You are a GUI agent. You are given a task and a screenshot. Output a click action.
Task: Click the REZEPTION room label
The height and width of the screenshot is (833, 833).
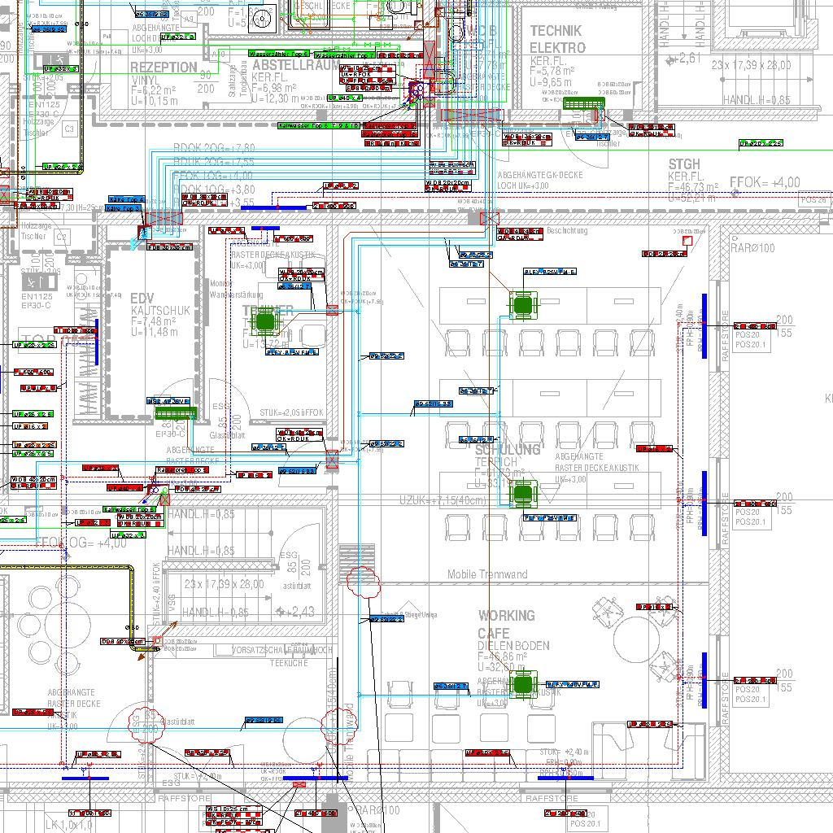[x=164, y=68]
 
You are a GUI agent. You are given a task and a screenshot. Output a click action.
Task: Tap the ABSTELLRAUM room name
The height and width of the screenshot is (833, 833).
[x=295, y=64]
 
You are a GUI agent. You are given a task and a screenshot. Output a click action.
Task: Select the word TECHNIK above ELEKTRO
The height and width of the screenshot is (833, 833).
[x=557, y=31]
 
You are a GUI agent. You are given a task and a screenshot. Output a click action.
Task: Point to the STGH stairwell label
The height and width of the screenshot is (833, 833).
[x=684, y=164]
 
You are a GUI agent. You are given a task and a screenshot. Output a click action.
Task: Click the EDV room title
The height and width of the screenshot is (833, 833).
[x=141, y=299]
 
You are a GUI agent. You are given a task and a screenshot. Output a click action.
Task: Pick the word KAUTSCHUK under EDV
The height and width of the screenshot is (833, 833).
[x=160, y=311]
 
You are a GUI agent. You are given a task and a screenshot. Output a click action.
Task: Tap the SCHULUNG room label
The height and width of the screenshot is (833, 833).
[x=508, y=450]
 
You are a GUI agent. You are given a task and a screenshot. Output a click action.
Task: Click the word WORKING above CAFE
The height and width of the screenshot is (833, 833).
[x=506, y=616]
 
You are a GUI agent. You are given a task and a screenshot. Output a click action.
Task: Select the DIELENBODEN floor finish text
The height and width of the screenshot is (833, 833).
[x=513, y=646]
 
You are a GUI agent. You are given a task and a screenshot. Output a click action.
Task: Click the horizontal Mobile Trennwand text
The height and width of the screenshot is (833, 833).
[x=487, y=574]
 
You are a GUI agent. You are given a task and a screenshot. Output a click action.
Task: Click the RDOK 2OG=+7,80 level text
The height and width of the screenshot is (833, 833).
[x=214, y=148]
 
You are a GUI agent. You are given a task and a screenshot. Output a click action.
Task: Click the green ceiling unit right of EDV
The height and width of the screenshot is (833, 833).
[x=265, y=322]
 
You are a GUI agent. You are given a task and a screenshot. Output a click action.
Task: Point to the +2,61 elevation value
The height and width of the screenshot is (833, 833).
[x=687, y=59]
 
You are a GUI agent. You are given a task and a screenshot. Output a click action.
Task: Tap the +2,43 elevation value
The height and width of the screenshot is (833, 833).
[x=300, y=612]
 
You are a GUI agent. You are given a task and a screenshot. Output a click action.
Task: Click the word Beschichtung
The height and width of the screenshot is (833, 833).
[x=567, y=231]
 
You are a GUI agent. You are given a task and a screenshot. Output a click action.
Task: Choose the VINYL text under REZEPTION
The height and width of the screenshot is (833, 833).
[x=146, y=81]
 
